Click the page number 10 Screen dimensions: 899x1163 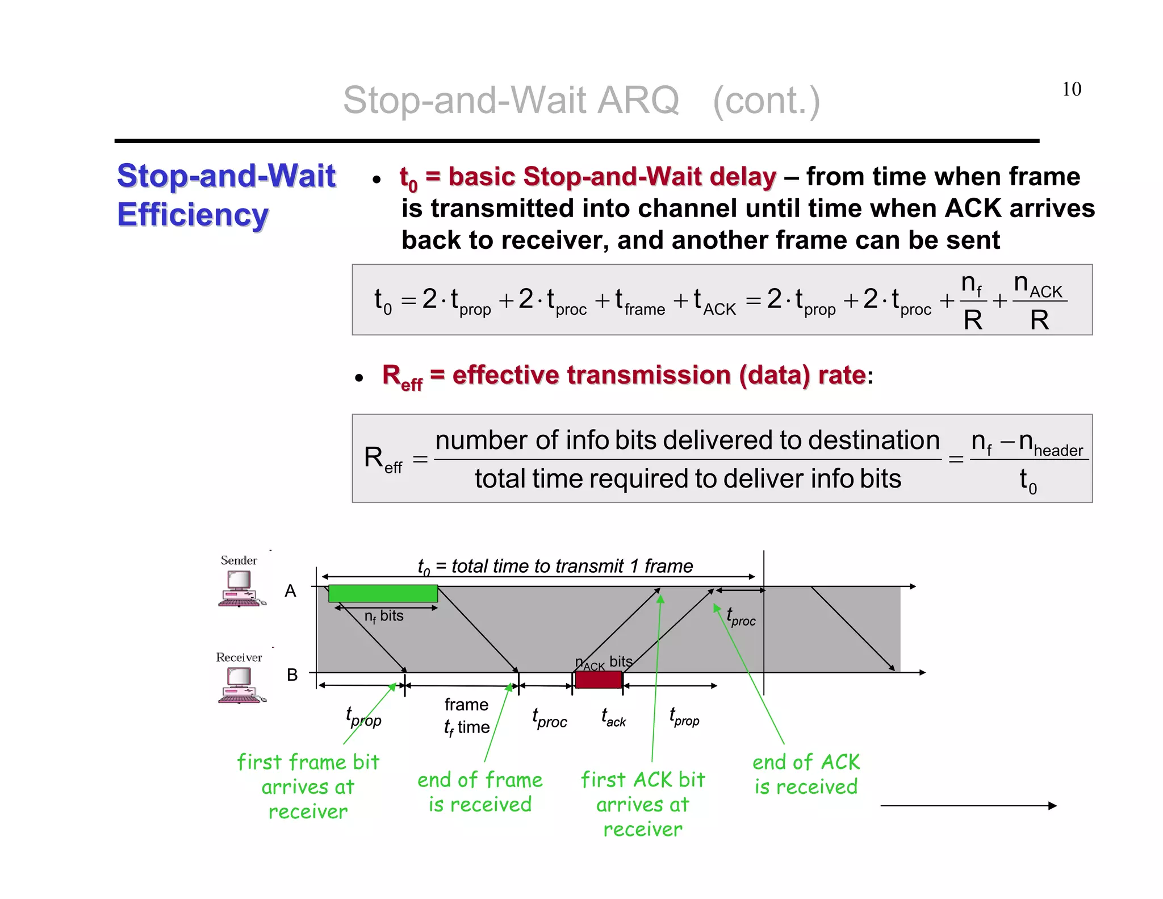tap(1072, 89)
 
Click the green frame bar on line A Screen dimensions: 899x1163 tap(383, 593)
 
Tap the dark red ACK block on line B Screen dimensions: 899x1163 tap(598, 680)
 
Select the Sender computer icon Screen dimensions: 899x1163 tap(241, 588)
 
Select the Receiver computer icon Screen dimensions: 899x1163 tap(241, 685)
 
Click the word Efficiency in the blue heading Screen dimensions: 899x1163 tap(193, 215)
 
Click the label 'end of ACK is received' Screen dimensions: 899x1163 tap(806, 774)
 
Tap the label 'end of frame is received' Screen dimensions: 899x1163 tap(480, 792)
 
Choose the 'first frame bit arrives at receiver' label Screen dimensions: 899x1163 tap(308, 786)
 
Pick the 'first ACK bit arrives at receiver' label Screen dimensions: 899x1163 tap(642, 804)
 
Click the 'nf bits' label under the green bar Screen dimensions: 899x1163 tap(384, 617)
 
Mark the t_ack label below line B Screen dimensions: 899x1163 tap(613, 718)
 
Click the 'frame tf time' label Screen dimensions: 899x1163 tap(466, 716)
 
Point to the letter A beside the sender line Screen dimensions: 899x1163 tap(290, 591)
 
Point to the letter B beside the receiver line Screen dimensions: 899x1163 tap(292, 675)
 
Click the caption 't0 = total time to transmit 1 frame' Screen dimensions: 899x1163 tap(555, 567)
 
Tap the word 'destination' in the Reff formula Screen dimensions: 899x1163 tap(874, 440)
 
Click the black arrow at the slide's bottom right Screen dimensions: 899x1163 tap(968, 805)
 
